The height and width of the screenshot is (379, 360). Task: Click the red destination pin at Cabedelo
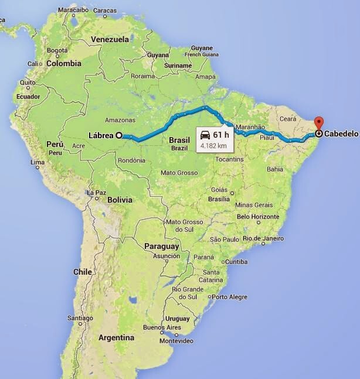point(319,124)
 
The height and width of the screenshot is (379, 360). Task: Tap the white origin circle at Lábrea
point(119,135)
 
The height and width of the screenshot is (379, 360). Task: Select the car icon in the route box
point(205,134)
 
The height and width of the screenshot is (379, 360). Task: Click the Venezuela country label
point(110,39)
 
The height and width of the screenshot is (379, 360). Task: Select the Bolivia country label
point(120,200)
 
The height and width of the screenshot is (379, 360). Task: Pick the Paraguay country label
point(161,247)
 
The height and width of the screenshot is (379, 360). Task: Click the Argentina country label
point(116,338)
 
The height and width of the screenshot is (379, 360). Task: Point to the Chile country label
point(83,272)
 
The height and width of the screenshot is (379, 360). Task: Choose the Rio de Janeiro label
point(260,238)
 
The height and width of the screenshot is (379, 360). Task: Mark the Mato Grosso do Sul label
point(184,226)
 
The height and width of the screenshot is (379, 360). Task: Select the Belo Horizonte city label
point(258,216)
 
